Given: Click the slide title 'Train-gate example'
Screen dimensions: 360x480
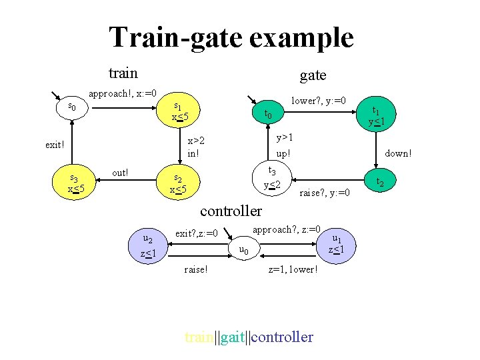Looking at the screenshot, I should pos(231,37).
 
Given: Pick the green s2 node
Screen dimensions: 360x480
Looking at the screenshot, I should pos(178,183).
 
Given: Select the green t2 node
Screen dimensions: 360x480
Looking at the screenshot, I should pos(380,181).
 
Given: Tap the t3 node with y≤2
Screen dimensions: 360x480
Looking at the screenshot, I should pos(271,176).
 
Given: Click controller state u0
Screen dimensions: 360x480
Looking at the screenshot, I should pos(244,250).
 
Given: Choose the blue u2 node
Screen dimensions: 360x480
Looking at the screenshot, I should pos(148,246).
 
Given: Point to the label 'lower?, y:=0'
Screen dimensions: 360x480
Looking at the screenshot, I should pos(319,100).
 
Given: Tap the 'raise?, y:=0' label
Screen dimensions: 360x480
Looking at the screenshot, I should pos(325,193).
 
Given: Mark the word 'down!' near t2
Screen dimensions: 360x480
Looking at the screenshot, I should pos(398,153).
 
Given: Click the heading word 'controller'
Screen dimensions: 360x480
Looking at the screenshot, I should pos(231,211).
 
